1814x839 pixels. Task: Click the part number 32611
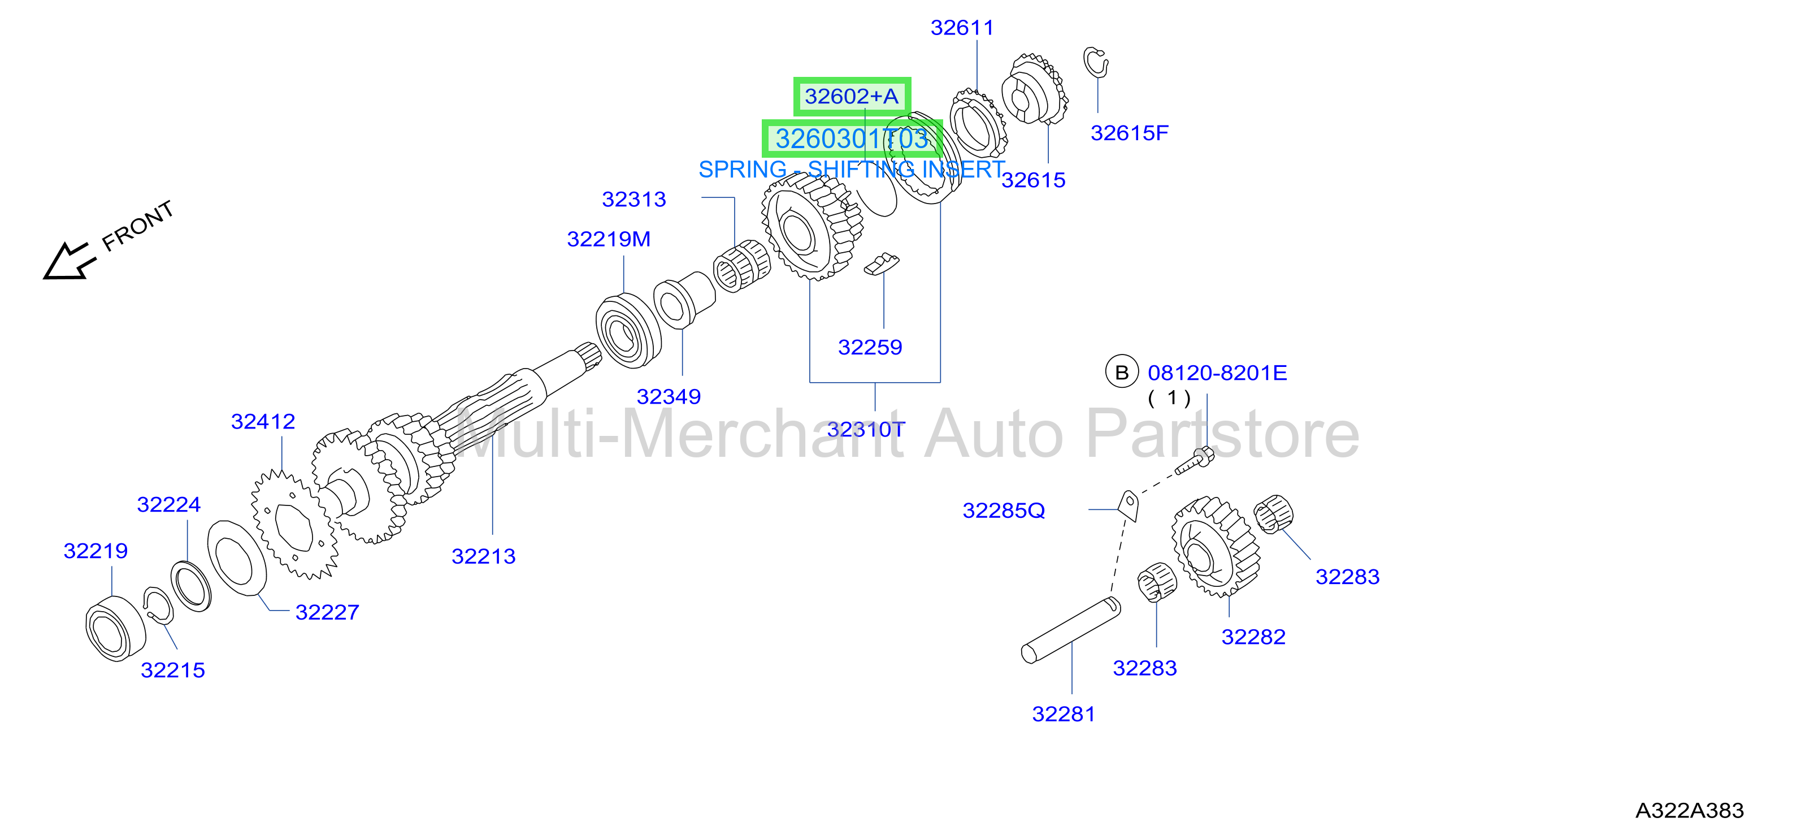coord(962,28)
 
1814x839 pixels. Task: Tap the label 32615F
coord(1129,132)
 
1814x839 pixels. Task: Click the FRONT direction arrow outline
coord(68,261)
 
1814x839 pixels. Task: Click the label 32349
coord(669,397)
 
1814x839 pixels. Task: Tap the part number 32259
coord(870,347)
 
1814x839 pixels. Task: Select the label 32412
coord(263,421)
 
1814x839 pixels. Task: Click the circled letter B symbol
coord(1122,372)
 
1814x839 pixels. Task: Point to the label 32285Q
coord(1004,510)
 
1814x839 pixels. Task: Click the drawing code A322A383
coord(1689,810)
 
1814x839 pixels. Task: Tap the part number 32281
coord(1064,713)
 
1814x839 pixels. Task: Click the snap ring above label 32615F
coord(1095,62)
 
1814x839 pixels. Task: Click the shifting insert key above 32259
coord(881,263)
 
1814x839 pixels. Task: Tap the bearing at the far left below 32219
coord(115,628)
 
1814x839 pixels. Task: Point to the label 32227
coord(327,612)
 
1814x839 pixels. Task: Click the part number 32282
coord(1253,637)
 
